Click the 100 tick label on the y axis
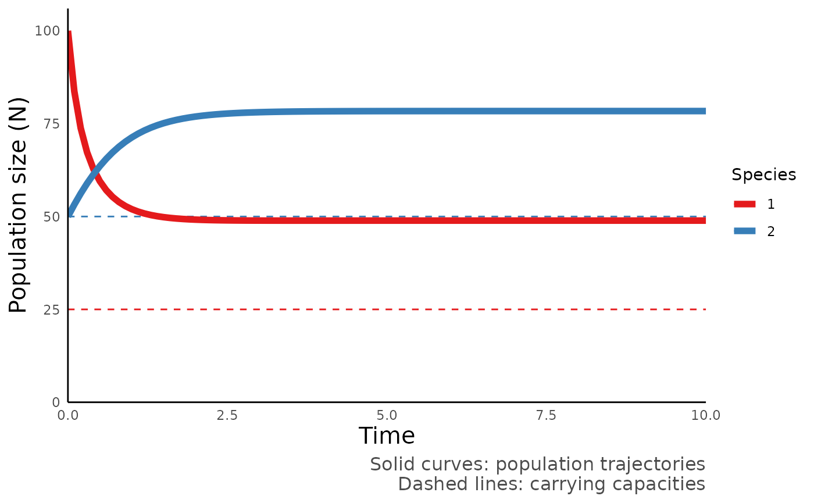pyautogui.click(x=47, y=31)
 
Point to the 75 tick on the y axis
pyautogui.click(x=51, y=124)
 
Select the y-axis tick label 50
pyautogui.click(x=51, y=217)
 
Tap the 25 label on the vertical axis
pyautogui.click(x=51, y=310)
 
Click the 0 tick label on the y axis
pyautogui.click(x=55, y=402)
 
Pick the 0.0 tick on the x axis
pyautogui.click(x=68, y=415)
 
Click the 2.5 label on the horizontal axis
pyautogui.click(x=227, y=415)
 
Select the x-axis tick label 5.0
pyautogui.click(x=387, y=415)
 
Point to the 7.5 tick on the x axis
pyautogui.click(x=546, y=415)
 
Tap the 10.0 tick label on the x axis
pyautogui.click(x=705, y=415)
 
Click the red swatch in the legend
pyautogui.click(x=744, y=204)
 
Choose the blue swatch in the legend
pyautogui.click(x=744, y=231)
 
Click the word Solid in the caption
pyautogui.click(x=390, y=465)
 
